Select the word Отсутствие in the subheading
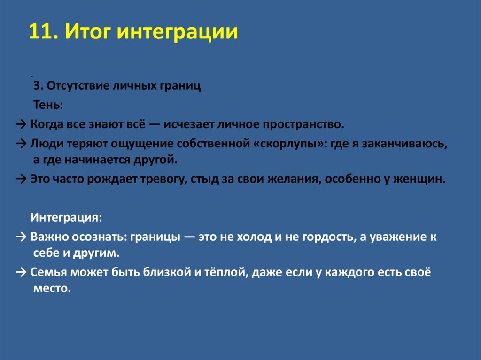[71, 87]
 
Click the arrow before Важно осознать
[22, 237]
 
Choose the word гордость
[331, 237]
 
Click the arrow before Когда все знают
[22, 125]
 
